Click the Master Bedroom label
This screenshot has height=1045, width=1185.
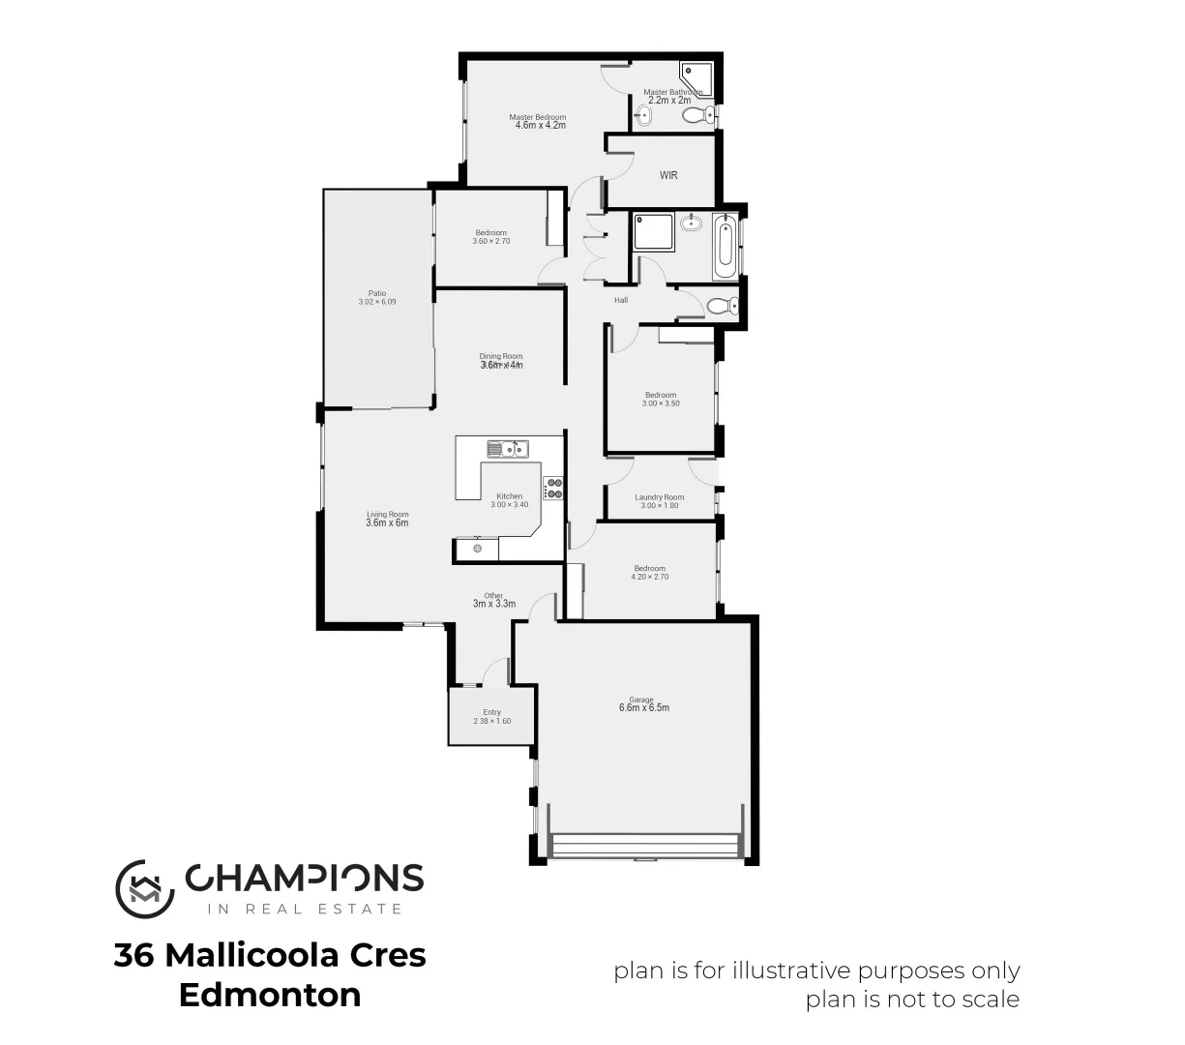[538, 117]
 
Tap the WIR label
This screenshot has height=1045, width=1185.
[668, 175]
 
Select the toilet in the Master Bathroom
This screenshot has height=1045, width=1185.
[695, 116]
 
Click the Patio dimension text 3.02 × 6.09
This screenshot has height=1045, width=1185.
[376, 302]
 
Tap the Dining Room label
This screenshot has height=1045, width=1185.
[501, 356]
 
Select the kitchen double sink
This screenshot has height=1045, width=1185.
[506, 448]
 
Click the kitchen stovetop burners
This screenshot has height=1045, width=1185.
[554, 489]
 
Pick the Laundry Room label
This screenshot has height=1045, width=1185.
[660, 497]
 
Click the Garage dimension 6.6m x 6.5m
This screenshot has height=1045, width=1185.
[643, 707]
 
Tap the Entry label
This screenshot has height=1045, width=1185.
[491, 712]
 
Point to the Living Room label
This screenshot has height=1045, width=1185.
[387, 515]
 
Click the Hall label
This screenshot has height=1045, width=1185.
[621, 300]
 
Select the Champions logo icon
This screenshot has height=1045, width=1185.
[144, 887]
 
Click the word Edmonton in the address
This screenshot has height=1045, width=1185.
[270, 995]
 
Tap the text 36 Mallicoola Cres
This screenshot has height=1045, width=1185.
[270, 955]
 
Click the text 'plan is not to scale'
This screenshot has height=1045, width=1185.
[912, 999]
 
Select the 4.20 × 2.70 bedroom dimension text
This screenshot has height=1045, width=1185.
[649, 577]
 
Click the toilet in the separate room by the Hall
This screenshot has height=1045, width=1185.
[720, 307]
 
